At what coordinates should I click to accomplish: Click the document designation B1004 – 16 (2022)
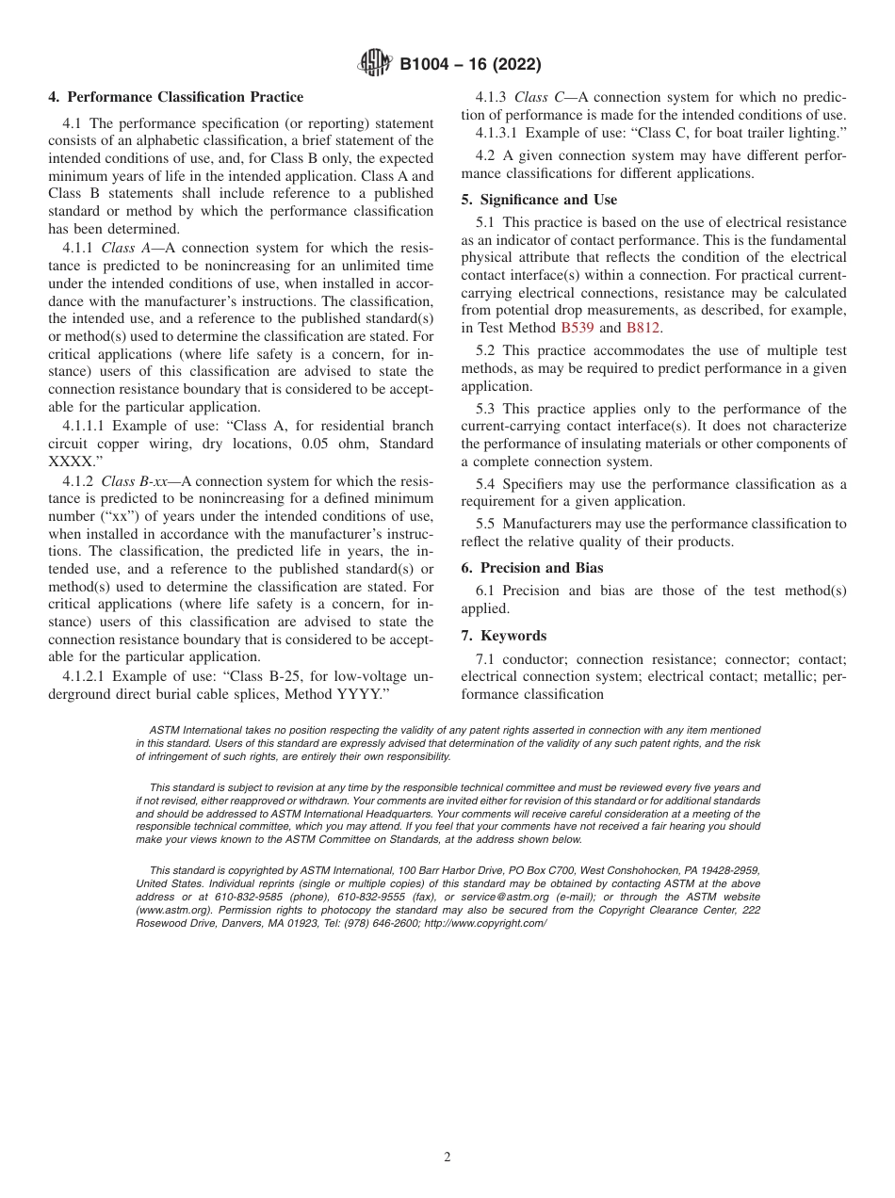(470, 65)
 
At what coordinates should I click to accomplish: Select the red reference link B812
(643, 328)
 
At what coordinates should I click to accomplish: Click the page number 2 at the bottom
(447, 1158)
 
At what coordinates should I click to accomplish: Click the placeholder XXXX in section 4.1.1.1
(72, 461)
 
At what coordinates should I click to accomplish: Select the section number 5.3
(487, 409)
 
